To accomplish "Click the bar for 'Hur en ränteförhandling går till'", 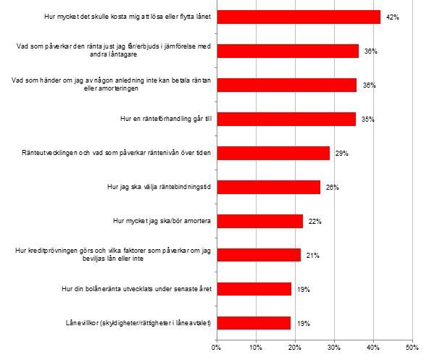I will click(286, 119).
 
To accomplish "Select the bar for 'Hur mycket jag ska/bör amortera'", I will click(259, 221).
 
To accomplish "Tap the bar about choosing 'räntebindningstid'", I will click(267, 187).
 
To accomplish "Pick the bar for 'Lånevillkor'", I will click(253, 323).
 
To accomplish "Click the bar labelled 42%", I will click(298, 17).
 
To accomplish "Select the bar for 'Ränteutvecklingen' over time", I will click(272, 153).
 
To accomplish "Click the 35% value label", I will click(368, 120).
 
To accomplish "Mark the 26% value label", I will click(333, 188).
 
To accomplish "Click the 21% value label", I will click(313, 256).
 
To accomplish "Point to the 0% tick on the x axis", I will click(216, 348).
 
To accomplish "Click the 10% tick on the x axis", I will click(255, 348).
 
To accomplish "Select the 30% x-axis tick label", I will click(333, 348).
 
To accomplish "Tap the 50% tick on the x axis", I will click(412, 348).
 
